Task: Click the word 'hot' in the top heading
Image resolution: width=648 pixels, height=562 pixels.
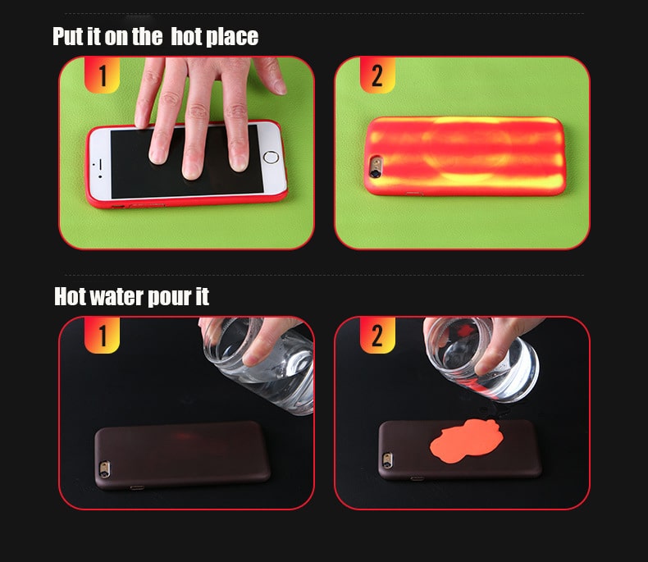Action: pyautogui.click(x=193, y=37)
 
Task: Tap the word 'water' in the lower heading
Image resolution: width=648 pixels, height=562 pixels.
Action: pyautogui.click(x=116, y=296)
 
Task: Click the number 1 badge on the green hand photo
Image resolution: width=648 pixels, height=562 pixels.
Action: pyautogui.click(x=103, y=75)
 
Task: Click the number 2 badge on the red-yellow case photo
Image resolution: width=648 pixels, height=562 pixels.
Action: pyautogui.click(x=376, y=75)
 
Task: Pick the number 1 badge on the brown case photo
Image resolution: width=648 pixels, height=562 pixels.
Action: pyautogui.click(x=103, y=336)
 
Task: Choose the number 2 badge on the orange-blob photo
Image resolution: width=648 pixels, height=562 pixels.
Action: pyautogui.click(x=377, y=336)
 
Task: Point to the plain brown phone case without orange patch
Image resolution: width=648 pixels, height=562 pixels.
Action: pyautogui.click(x=180, y=455)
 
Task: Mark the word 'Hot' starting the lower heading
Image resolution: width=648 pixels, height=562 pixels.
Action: pyautogui.click(x=70, y=296)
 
